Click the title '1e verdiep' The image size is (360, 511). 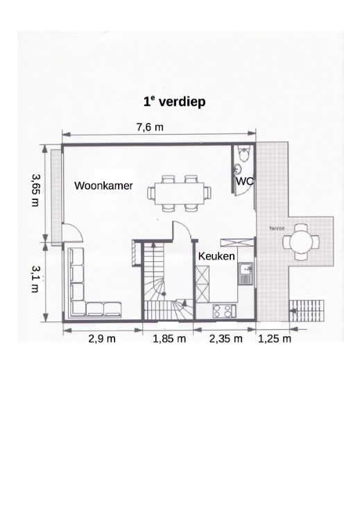click(175, 101)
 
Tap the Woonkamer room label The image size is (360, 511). click(103, 185)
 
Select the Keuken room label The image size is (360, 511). click(216, 256)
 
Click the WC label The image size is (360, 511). click(244, 181)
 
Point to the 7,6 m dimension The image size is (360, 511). click(150, 127)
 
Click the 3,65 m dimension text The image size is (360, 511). click(35, 190)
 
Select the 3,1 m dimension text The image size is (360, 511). click(35, 278)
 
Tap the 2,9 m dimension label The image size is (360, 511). click(102, 339)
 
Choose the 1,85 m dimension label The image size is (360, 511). click(169, 339)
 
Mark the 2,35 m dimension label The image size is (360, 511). click(226, 339)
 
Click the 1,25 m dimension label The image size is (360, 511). click(275, 339)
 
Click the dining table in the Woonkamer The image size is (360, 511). click(180, 194)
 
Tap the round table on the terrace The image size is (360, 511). click(301, 242)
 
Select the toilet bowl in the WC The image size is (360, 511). click(243, 154)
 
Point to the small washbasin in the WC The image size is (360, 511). click(238, 168)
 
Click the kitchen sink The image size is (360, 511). click(246, 273)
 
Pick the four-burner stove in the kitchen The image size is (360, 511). click(224, 311)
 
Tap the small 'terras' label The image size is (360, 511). click(277, 228)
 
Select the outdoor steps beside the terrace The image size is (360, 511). click(307, 310)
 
